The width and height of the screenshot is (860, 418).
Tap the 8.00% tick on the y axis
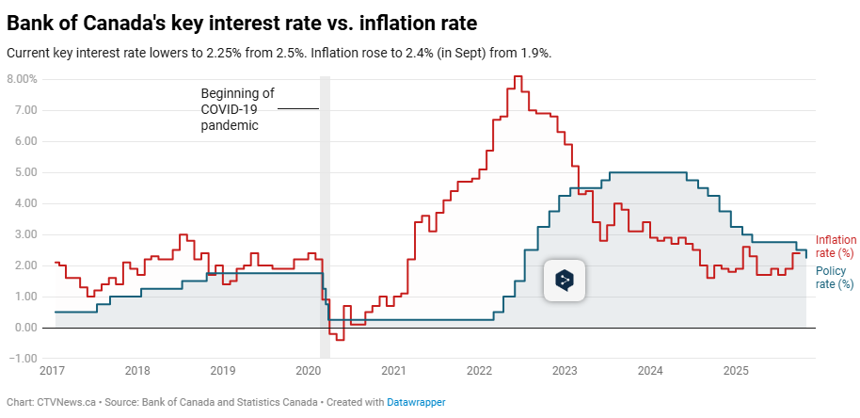click(22, 79)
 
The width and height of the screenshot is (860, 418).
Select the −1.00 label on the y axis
click(22, 359)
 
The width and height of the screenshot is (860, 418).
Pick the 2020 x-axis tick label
click(309, 371)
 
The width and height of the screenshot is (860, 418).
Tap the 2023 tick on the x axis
click(565, 371)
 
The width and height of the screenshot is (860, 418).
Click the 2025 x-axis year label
click(737, 371)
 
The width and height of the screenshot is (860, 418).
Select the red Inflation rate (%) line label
click(834, 247)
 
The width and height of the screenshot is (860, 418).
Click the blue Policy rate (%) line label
click(834, 277)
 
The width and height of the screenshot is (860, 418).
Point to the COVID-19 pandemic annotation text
click(237, 109)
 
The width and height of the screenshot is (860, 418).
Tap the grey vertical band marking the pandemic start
click(325, 217)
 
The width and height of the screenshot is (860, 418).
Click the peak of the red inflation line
click(518, 77)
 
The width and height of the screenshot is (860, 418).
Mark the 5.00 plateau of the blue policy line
click(649, 172)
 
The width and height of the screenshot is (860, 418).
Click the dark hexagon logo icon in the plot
click(565, 280)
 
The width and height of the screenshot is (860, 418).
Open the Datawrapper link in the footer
click(415, 402)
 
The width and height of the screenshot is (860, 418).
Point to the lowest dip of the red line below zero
click(340, 339)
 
